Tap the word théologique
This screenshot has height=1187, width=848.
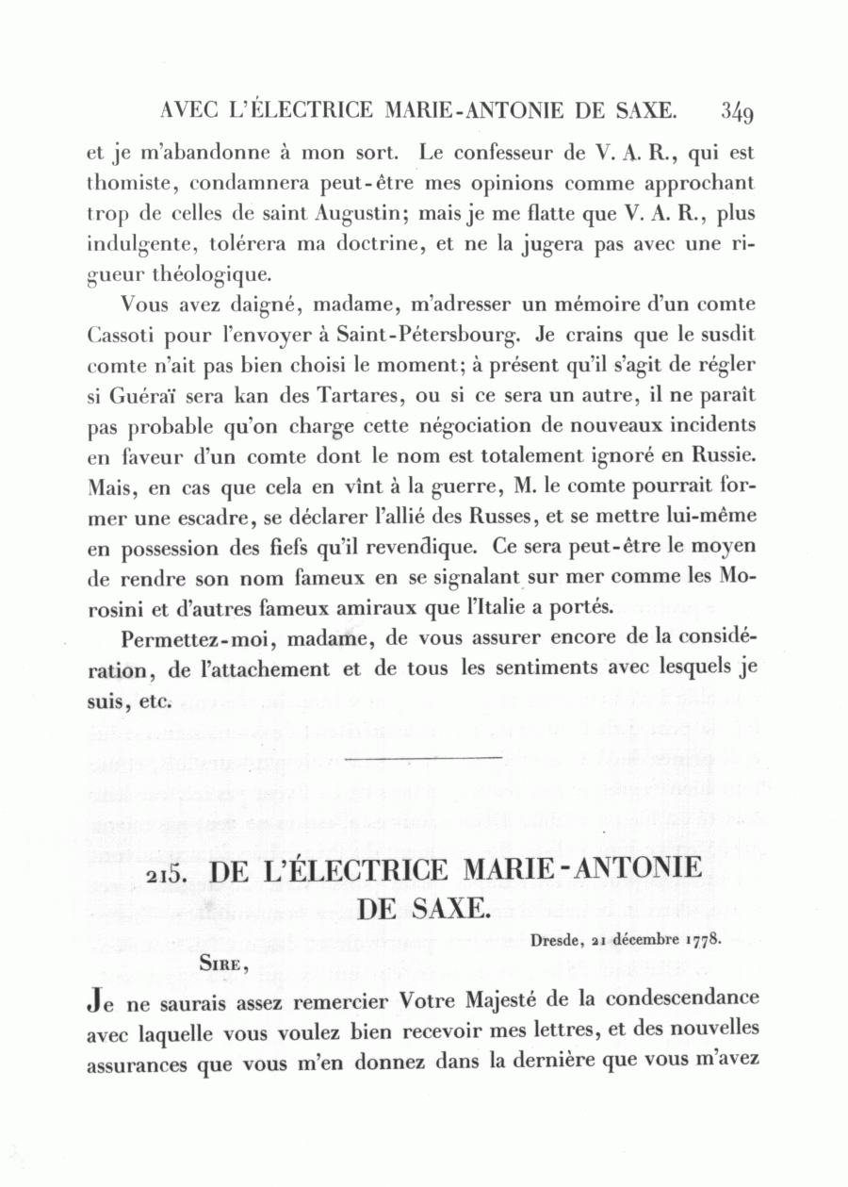point(210,274)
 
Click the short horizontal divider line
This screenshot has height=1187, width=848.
point(423,757)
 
